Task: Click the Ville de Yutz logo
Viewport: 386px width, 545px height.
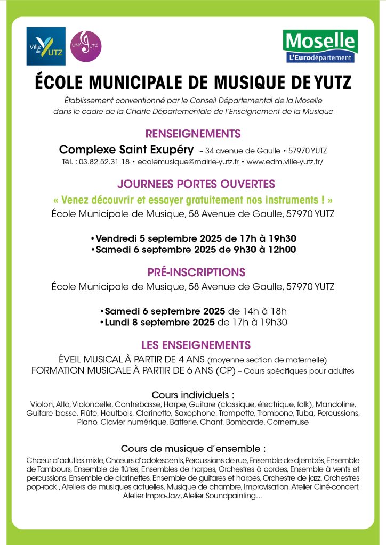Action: (46, 46)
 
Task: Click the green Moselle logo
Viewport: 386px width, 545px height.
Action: (320, 46)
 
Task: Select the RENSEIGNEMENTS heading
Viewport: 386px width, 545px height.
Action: (193, 134)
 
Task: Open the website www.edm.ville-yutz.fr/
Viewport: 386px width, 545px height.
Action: (285, 161)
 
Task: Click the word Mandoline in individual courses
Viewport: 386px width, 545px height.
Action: (338, 404)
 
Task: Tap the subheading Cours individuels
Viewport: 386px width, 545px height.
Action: (193, 395)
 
